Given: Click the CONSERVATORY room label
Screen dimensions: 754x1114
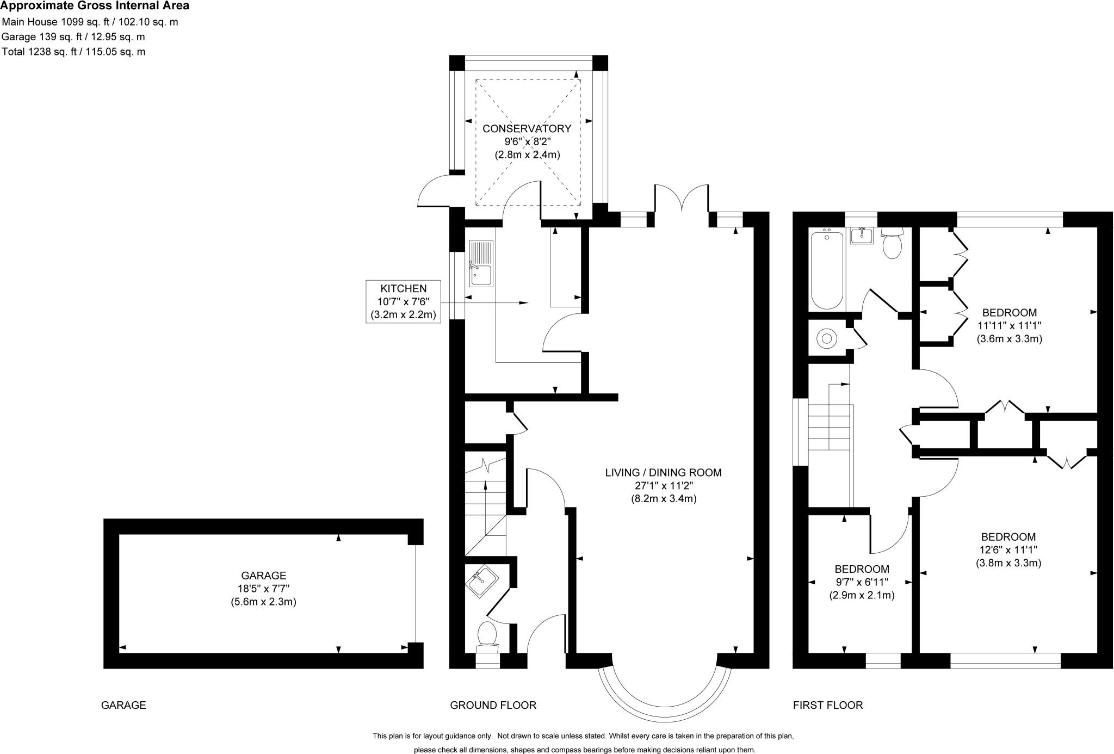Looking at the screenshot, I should coord(527,129).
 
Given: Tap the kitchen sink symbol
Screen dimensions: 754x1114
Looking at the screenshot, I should coord(481,263).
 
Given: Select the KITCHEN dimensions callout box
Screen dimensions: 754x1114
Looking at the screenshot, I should coord(403,301).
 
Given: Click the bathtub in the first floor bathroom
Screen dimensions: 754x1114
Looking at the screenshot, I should coord(827,269).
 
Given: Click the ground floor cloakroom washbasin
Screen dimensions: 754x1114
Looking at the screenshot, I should coord(481,582).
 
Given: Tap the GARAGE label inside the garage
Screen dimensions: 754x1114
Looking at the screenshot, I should coord(263,575).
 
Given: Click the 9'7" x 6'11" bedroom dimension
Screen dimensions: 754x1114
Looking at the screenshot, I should coord(862,582).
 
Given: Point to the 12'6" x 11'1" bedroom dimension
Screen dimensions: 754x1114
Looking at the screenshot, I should coord(1008,549).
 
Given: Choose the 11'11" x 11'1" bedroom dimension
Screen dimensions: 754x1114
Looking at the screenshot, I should coord(1009,325).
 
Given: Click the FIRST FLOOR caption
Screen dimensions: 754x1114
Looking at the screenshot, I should coord(827,705).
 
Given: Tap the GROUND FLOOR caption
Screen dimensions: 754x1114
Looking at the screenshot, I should coord(493,705).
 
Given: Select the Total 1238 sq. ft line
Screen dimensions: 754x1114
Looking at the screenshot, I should coord(73,52).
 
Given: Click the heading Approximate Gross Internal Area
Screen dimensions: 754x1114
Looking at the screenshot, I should coord(95,6).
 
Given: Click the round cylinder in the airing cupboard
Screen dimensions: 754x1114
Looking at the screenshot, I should coord(827,338).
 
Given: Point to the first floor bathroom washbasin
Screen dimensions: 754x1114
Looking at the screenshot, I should coord(862,236).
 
